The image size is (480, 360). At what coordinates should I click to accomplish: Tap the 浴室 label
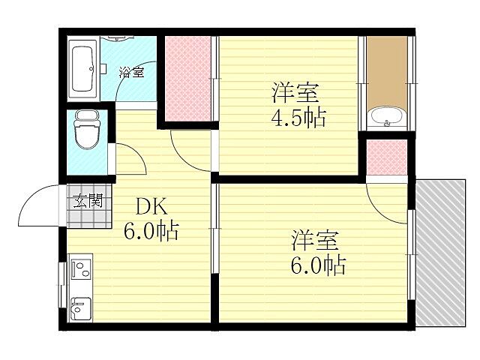(131, 72)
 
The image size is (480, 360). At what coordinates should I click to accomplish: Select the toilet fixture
(86, 133)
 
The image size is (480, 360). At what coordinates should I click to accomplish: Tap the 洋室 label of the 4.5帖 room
(295, 94)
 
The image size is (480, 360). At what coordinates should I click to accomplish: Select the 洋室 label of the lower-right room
(316, 241)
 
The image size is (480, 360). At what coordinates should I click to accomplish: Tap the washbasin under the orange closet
(386, 117)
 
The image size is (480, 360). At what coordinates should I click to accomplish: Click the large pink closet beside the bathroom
(187, 79)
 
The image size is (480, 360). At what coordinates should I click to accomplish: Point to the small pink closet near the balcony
(385, 156)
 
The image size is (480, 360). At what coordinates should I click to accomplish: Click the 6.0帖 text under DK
(151, 230)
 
